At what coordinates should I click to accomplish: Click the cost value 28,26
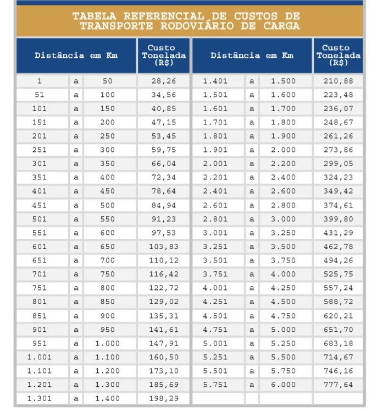pyautogui.click(x=164, y=81)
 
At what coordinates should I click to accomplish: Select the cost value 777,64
pyautogui.click(x=338, y=385)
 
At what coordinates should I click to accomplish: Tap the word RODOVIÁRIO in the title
pyautogui.click(x=206, y=26)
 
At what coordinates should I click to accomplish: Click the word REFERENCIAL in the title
pyautogui.click(x=159, y=17)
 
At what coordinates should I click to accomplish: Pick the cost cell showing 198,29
pyautogui.click(x=164, y=398)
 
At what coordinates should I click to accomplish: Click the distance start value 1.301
pyautogui.click(x=40, y=398)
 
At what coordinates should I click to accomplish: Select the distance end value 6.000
pyautogui.click(x=283, y=385)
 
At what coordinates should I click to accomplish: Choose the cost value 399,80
pyautogui.click(x=338, y=219)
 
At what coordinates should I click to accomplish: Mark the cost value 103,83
pyautogui.click(x=164, y=246)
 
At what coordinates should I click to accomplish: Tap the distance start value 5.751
pyautogui.click(x=215, y=385)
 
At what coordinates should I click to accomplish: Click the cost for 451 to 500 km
pyautogui.click(x=164, y=205)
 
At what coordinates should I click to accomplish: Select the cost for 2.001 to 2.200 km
pyautogui.click(x=338, y=163)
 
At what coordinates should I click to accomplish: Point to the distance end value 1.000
pyautogui.click(x=107, y=343)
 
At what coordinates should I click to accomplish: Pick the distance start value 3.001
pyautogui.click(x=215, y=233)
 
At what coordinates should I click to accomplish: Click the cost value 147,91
pyautogui.click(x=164, y=343)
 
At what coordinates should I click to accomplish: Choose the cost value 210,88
pyautogui.click(x=338, y=81)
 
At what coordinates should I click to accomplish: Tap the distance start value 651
pyautogui.click(x=40, y=260)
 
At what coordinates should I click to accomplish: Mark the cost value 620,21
pyautogui.click(x=338, y=316)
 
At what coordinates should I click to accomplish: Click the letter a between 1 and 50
pyautogui.click(x=76, y=81)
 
